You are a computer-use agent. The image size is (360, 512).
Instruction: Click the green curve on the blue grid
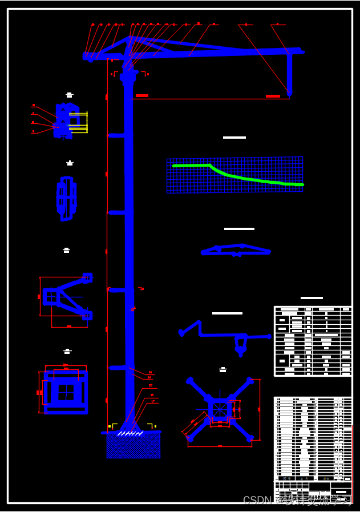pos(240,176)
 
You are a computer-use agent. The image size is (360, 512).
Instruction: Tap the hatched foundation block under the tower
pos(134,446)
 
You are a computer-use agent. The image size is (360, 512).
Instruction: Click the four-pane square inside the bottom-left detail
pos(66,392)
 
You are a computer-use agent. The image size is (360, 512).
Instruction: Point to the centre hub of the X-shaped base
pos(220,409)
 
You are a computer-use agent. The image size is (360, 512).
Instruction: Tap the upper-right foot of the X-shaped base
pos(250,379)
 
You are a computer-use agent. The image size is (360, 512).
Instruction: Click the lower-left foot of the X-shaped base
pos(190,438)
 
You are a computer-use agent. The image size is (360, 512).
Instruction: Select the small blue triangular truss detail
pos(236,249)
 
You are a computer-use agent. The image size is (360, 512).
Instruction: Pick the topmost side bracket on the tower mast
pos(116,135)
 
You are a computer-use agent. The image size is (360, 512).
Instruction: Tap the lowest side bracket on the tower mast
pos(117,368)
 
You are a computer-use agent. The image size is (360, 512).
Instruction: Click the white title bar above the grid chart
pos(234,138)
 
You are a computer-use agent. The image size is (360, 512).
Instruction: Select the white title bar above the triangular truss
pos(239,229)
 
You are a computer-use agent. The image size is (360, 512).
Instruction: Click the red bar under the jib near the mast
pos(142,95)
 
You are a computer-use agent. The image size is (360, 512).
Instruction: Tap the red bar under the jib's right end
pos(273,96)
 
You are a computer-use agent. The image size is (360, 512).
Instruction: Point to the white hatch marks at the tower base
pos(130,434)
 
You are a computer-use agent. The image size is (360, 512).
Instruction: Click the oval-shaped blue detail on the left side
pos(67,198)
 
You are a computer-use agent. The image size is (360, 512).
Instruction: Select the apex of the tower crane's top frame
pos(131,38)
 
